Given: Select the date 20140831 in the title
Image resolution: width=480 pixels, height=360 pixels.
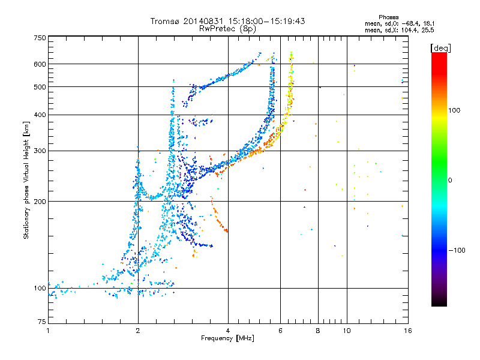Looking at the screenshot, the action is (x=203, y=21).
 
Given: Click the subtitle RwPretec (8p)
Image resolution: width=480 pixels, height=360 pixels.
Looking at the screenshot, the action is (x=227, y=29).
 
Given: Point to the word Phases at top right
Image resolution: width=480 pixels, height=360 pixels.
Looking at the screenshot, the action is (x=388, y=17).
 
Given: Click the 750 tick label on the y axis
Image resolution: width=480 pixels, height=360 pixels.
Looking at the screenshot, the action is (x=40, y=38).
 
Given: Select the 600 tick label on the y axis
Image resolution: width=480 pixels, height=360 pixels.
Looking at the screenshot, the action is (x=40, y=64).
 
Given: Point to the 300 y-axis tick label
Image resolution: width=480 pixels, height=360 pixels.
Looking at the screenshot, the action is (x=40, y=151).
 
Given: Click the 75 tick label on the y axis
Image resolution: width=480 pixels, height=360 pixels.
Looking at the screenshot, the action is (x=42, y=322).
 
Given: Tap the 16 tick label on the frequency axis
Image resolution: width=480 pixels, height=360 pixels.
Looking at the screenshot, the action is (x=408, y=331).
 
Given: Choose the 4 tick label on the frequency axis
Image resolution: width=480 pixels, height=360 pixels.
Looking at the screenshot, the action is (x=228, y=331).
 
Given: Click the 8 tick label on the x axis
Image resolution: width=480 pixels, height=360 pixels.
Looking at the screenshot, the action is (x=318, y=331).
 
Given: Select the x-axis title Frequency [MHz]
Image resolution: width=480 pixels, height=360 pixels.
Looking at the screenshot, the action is (x=227, y=338).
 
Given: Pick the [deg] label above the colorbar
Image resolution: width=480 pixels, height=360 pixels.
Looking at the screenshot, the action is (x=440, y=48).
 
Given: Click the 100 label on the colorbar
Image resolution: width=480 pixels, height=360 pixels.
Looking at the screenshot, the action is (x=454, y=110).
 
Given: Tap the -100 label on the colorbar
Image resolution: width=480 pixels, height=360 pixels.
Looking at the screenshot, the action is (x=457, y=250).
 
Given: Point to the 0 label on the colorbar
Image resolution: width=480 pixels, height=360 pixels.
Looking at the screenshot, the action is (x=450, y=181).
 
